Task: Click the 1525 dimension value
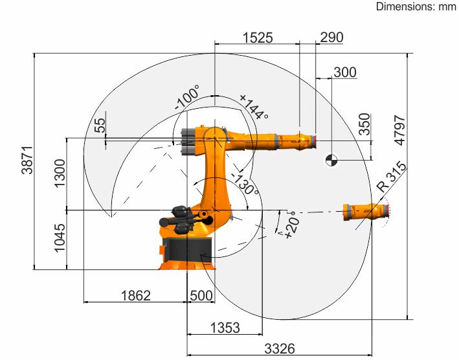coord(258,38)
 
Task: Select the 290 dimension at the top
coord(331,37)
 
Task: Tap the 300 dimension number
coord(345,72)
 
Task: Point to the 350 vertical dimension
coord(364,124)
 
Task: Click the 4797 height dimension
coord(400,130)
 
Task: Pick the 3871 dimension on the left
coord(27,160)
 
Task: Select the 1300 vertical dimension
coord(60,174)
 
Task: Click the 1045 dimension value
coord(60,238)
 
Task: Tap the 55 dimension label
coord(100,125)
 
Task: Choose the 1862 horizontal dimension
coord(136,295)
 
